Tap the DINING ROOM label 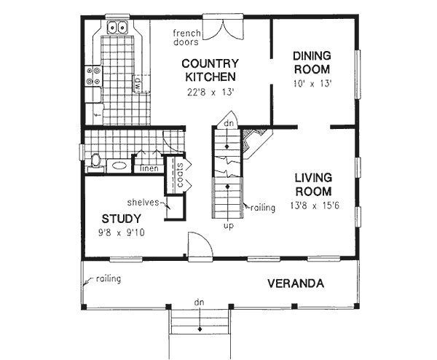pyautogui.click(x=312, y=63)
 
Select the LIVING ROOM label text pyautogui.click(x=314, y=184)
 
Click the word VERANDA pyautogui.click(x=294, y=283)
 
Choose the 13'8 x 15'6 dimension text pyautogui.click(x=314, y=206)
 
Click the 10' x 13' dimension pyautogui.click(x=312, y=84)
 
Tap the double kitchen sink pyautogui.click(x=117, y=29)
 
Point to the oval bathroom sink pyautogui.click(x=117, y=165)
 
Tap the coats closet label pyautogui.click(x=179, y=175)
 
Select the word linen pyautogui.click(x=149, y=169)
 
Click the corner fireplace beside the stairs pyautogui.click(x=254, y=141)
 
